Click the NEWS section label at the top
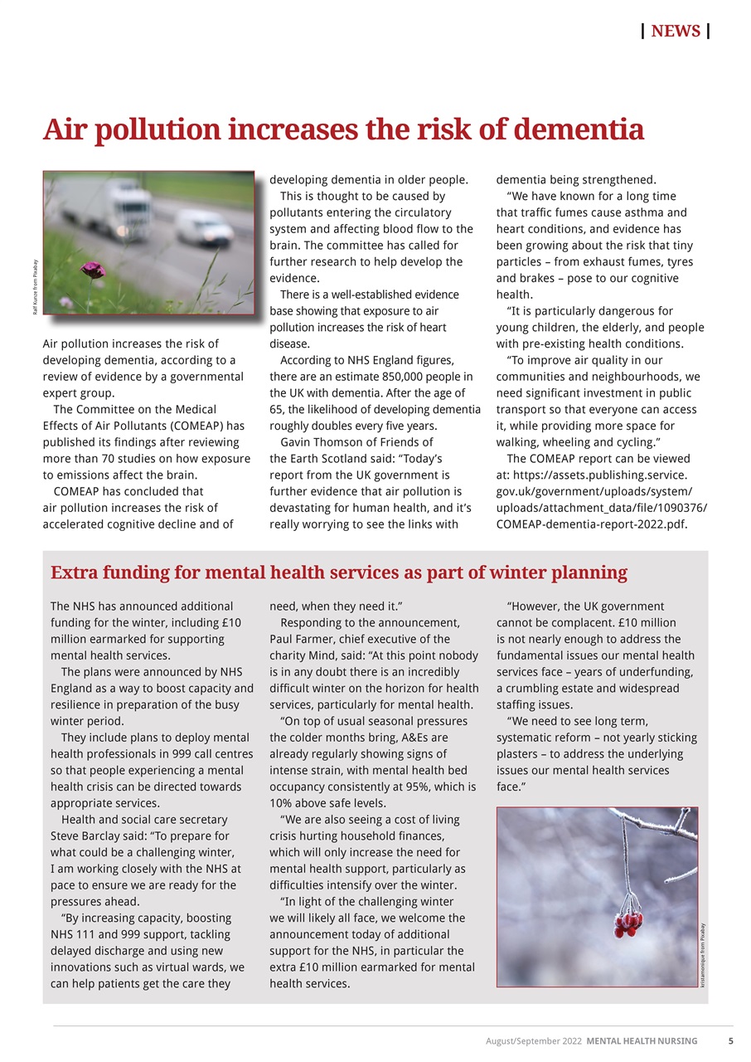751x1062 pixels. [x=676, y=32]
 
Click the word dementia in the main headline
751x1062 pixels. [x=578, y=130]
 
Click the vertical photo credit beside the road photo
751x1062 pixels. [x=35, y=287]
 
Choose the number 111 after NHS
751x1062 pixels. [x=89, y=934]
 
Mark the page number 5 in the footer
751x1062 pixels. [x=730, y=1040]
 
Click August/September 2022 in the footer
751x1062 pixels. [x=533, y=1040]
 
